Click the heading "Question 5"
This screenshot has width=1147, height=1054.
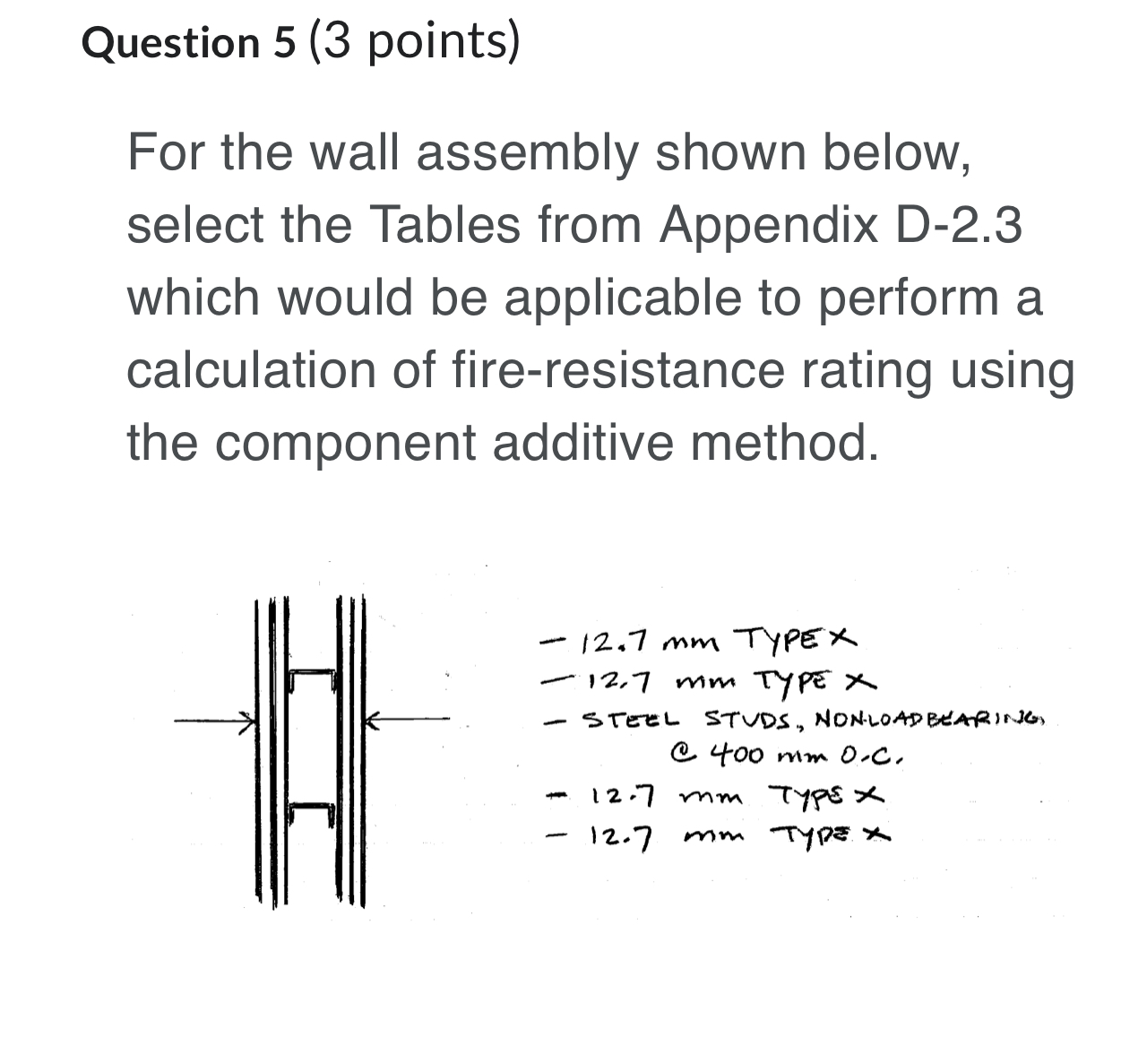tap(188, 42)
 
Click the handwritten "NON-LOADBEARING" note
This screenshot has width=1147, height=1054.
tap(932, 720)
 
